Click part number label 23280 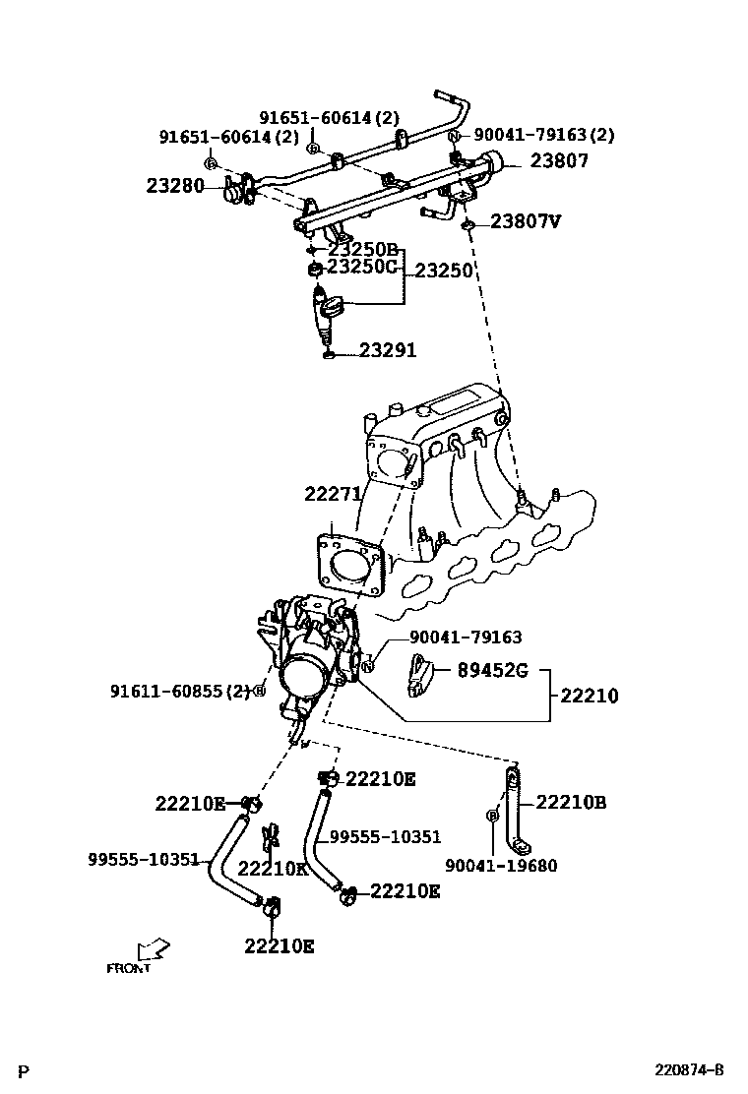click(x=175, y=185)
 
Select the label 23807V click(x=525, y=221)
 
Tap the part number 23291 click(x=387, y=350)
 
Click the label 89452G click(x=492, y=672)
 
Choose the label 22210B click(x=571, y=803)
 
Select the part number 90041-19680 click(x=501, y=866)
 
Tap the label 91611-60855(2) click(x=180, y=692)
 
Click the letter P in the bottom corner click(x=25, y=1070)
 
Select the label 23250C click(x=361, y=266)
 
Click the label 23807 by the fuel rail click(x=559, y=162)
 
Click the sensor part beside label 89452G click(x=420, y=679)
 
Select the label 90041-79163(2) click(x=544, y=135)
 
